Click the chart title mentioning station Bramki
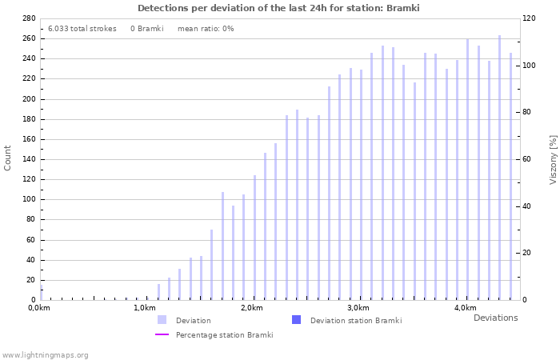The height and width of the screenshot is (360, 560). [278, 8]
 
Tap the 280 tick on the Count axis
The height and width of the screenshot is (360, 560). [29, 18]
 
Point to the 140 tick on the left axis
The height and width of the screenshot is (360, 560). [29, 159]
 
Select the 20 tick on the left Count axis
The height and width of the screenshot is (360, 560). [31, 280]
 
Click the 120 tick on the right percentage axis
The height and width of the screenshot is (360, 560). [530, 18]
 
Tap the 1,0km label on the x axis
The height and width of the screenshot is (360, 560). [145, 308]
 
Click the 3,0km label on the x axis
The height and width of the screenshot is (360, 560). [358, 308]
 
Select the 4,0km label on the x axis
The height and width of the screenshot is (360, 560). [465, 308]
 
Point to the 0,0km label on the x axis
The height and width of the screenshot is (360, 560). [38, 308]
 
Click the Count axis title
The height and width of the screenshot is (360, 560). [9, 158]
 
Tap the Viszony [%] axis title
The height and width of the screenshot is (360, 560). [553, 159]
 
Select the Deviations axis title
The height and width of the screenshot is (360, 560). [495, 318]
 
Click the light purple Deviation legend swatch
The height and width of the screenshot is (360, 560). [162, 320]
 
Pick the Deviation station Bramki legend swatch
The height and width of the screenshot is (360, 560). [296, 320]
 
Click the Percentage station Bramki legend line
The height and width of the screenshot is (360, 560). [162, 335]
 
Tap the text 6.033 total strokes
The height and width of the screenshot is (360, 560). [82, 29]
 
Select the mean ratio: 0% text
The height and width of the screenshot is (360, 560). [206, 29]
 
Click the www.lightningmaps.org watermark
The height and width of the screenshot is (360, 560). [46, 354]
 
